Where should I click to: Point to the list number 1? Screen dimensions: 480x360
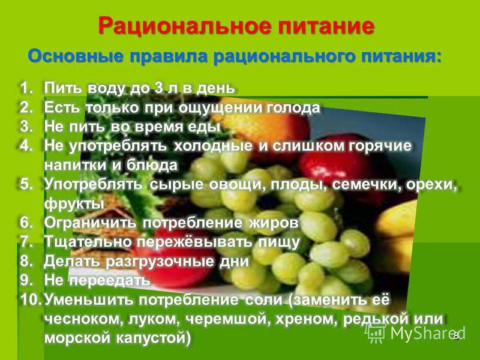[26, 88]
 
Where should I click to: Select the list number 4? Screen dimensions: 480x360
[26, 146]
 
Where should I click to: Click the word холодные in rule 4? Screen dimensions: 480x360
[214, 146]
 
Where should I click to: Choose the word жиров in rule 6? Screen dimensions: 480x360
[274, 223]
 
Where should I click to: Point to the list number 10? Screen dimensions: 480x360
[31, 299]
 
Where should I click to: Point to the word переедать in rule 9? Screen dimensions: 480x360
[110, 280]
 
